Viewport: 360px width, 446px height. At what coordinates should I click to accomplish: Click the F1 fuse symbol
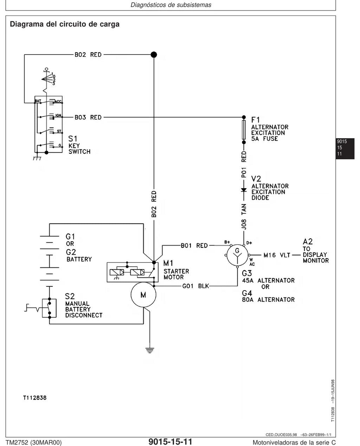coord(244,129)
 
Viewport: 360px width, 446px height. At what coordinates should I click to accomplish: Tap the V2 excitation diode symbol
coord(244,190)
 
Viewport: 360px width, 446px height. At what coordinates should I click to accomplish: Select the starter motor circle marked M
coord(143,294)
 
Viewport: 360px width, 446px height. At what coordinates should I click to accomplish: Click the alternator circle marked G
coord(237,255)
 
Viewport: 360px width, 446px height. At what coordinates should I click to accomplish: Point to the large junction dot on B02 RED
coord(154,55)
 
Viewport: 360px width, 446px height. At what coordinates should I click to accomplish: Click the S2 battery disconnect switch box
coord(49,308)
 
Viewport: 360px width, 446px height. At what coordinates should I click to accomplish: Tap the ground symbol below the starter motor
coord(150,350)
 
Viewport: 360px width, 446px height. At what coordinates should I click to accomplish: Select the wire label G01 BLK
coord(195,286)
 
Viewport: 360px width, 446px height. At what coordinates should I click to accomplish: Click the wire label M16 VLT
coord(277,255)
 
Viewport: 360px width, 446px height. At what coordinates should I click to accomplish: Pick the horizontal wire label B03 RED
coord(88,117)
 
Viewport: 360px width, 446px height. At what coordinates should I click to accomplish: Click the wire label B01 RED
coord(194,246)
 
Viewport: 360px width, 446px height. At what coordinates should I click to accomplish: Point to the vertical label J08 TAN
coord(244,217)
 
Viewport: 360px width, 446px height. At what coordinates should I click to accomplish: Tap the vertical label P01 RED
coord(244,164)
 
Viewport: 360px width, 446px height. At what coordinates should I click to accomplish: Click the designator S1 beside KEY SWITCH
coord(73,139)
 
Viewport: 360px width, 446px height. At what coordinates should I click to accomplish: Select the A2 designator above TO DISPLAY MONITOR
coord(308,242)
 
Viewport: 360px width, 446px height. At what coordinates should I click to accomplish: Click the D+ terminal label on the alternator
coord(249,243)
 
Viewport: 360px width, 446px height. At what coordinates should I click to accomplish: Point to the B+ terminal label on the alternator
coord(227,242)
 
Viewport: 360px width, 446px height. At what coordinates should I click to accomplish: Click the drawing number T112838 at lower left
coord(35,397)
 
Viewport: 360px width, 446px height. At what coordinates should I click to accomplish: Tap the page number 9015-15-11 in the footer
coord(170,441)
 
